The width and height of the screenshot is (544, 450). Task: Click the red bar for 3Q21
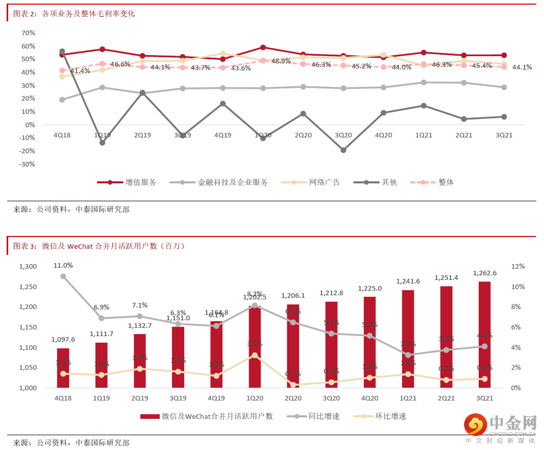click(485, 335)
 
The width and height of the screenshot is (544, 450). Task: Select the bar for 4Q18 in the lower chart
click(63, 368)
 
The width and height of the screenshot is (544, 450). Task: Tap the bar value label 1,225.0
click(370, 289)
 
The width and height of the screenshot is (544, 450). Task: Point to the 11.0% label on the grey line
click(63, 266)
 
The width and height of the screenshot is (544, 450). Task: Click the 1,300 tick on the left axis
click(28, 267)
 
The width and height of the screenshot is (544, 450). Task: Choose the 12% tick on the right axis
click(517, 267)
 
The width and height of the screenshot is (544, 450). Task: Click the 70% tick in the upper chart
click(28, 33)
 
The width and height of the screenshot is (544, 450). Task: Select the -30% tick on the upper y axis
click(27, 164)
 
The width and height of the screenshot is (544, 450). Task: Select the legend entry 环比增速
click(391, 416)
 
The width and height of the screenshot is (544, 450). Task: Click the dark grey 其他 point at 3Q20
click(343, 150)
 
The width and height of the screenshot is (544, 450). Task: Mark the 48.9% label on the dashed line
click(281, 61)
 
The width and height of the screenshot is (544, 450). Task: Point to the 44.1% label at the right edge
click(522, 67)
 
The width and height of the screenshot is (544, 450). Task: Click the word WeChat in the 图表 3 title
click(80, 246)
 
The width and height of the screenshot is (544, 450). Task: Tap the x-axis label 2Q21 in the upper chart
click(463, 135)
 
